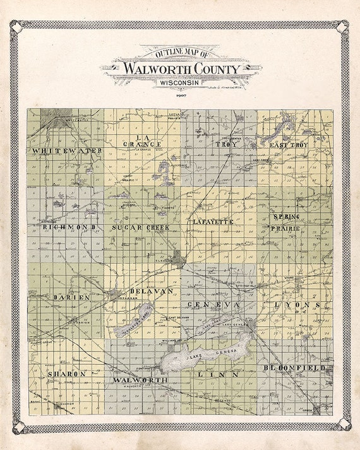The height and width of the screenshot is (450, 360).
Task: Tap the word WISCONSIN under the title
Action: click(179, 82)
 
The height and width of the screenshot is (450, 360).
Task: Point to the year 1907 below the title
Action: click(180, 93)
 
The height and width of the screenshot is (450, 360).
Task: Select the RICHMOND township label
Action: click(69, 226)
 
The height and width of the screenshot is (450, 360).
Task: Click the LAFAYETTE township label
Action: click(213, 222)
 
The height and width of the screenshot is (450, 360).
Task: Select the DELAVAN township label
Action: click(151, 290)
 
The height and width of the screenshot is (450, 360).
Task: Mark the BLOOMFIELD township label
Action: click(294, 367)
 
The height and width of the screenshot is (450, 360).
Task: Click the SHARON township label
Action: click(66, 374)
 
